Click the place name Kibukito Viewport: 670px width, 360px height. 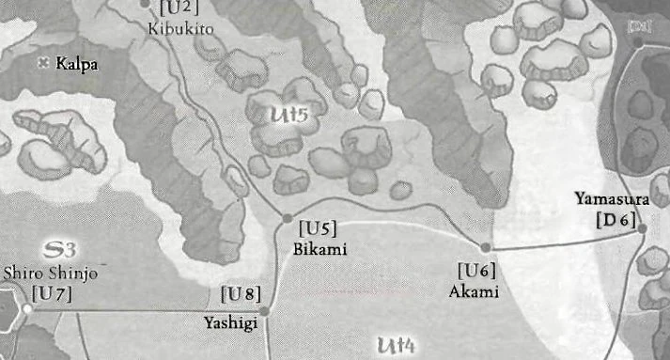pyautogui.click(x=181, y=29)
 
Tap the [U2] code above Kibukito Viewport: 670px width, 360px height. pyautogui.click(x=179, y=8)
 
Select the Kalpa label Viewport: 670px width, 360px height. pyautogui.click(x=77, y=65)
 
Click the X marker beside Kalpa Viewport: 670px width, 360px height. pyautogui.click(x=42, y=63)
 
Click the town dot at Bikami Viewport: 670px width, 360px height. pyautogui.click(x=288, y=218)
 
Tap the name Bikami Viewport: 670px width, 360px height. pyautogui.click(x=320, y=249)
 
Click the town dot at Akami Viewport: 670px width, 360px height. pyautogui.click(x=486, y=247)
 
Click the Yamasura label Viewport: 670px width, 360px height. pyautogui.click(x=611, y=199)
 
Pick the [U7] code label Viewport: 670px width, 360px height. pyautogui.click(x=51, y=293)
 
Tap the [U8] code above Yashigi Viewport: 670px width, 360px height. pyautogui.click(x=241, y=294)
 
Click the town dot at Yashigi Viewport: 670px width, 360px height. pyautogui.click(x=264, y=310)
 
